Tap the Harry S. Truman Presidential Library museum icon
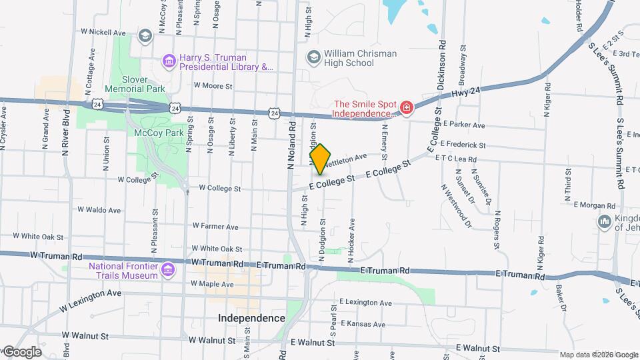pyautogui.click(x=169, y=62)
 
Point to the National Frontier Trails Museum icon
pyautogui.click(x=167, y=269)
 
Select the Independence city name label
pyautogui.click(x=251, y=318)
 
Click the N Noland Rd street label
pyautogui.click(x=291, y=146)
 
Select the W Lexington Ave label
pyautogui.click(x=90, y=300)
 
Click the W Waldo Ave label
pyautogui.click(x=99, y=209)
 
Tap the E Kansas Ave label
pyautogui.click(x=362, y=325)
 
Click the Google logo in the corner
pyautogui.click(x=23, y=351)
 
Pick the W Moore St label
pyautogui.click(x=213, y=86)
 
